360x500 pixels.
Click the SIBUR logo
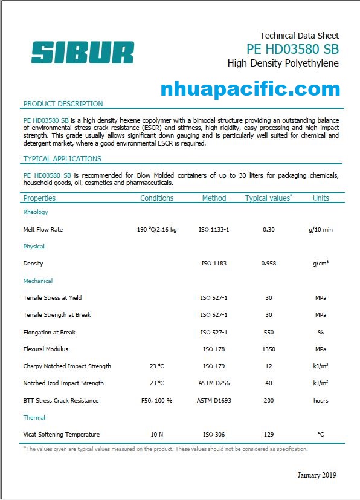83,52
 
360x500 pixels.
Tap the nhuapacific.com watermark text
250,89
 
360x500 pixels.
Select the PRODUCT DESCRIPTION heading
63,104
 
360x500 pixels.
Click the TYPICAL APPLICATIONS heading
62,159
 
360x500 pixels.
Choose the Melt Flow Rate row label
43,230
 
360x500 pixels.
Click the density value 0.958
269,264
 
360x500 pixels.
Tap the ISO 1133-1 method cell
214,230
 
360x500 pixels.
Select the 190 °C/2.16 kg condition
157,230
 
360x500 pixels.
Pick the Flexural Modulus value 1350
269,349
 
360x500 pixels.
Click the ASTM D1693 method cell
214,400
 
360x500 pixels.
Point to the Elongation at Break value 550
269,332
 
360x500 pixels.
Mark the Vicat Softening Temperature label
62,435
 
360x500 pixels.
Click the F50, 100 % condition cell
157,400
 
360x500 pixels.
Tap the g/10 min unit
321,230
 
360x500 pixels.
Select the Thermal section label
34,418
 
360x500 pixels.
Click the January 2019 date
317,475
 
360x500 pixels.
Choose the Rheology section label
36,212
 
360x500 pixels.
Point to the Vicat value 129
269,435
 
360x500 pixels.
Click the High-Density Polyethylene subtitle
283,63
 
